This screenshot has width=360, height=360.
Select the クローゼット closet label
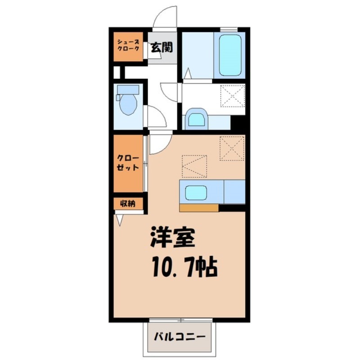(x=128, y=162)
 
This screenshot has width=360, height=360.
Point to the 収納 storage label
(x=128, y=204)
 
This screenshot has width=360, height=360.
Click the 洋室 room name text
(x=173, y=238)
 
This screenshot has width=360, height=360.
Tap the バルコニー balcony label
(x=180, y=337)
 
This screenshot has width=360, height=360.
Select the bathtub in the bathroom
(x=230, y=54)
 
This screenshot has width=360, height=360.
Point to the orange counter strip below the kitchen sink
(x=198, y=208)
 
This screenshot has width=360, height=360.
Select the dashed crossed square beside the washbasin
(x=233, y=96)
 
